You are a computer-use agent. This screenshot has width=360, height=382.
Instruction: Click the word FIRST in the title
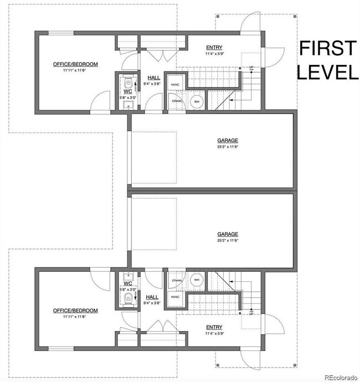click(x=327, y=49)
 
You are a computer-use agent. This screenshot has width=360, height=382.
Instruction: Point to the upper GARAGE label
click(x=228, y=141)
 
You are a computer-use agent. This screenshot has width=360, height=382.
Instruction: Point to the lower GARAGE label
click(x=228, y=234)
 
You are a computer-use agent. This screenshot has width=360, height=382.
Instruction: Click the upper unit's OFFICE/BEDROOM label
click(x=75, y=64)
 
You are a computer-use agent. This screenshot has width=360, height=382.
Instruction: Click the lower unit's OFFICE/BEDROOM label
click(x=75, y=311)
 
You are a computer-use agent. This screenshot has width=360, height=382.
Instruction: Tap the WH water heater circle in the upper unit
click(x=197, y=102)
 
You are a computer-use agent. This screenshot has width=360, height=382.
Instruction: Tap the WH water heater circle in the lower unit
click(x=197, y=280)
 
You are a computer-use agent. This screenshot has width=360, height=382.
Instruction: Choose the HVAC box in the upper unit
click(x=175, y=85)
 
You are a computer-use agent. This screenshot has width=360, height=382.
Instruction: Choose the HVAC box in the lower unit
click(x=175, y=297)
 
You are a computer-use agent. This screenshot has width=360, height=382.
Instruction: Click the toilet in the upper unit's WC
click(x=128, y=84)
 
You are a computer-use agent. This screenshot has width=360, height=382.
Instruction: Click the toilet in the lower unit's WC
click(x=128, y=299)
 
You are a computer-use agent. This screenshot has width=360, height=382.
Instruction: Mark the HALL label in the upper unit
click(x=153, y=78)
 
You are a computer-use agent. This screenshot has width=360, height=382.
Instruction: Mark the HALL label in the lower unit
click(x=153, y=297)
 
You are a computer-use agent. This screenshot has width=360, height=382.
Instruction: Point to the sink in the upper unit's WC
click(x=128, y=104)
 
